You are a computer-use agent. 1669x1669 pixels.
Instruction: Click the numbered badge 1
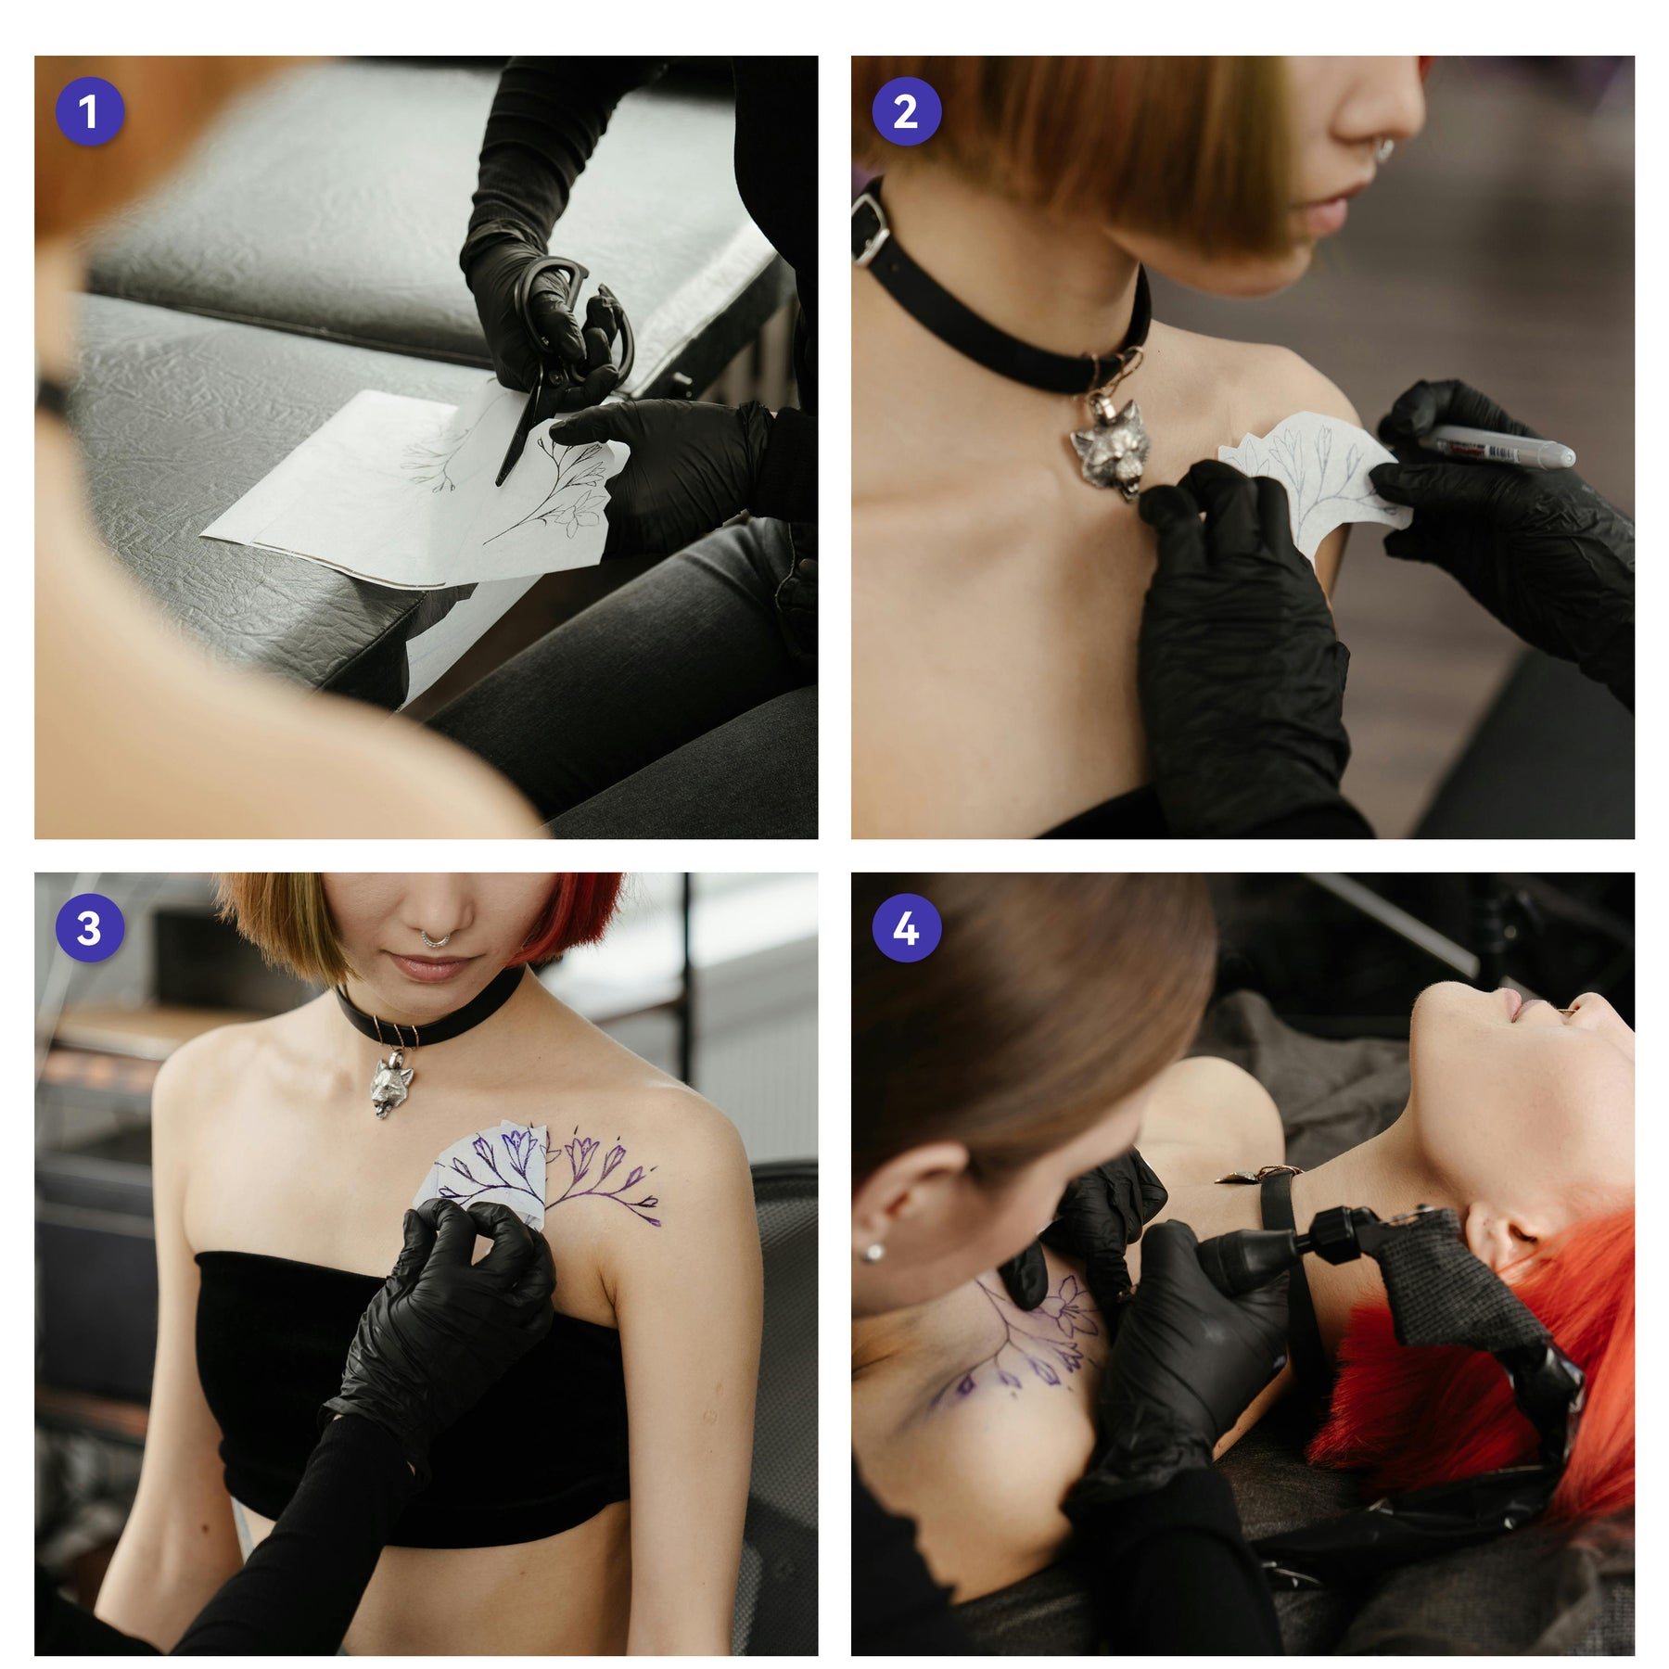[89, 112]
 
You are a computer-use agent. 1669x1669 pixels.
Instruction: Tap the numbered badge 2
[906, 112]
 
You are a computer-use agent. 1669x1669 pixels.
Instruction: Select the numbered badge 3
[89, 928]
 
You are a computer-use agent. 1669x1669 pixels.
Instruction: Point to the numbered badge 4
[906, 928]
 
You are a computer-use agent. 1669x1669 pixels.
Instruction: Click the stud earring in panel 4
[873, 1254]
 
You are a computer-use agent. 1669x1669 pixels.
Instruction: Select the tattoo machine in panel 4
[1391, 1298]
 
